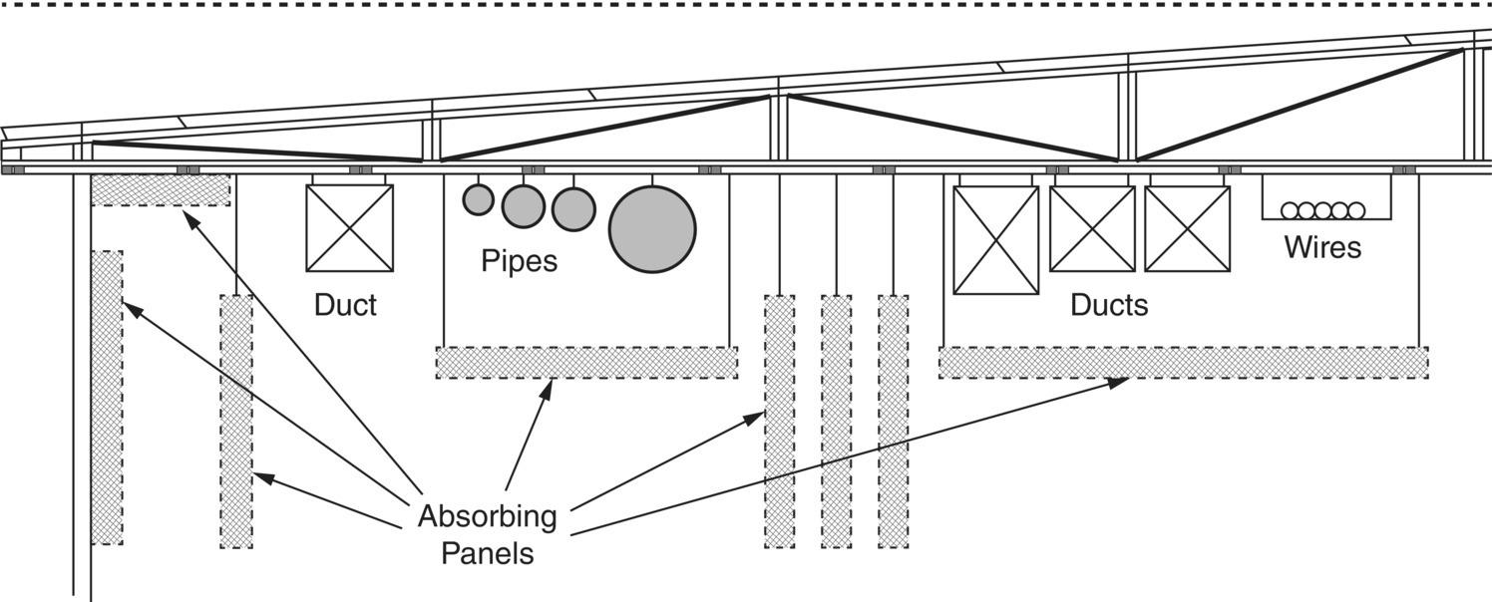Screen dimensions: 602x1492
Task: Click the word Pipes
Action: (x=519, y=262)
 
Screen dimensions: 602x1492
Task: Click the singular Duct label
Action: (x=345, y=304)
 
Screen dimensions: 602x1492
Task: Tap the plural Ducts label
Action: (x=1109, y=305)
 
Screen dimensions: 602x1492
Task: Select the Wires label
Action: (x=1322, y=245)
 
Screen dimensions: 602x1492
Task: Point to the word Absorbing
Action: (x=487, y=517)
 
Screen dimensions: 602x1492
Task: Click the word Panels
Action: (x=487, y=552)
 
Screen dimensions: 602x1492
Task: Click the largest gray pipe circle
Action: (x=652, y=229)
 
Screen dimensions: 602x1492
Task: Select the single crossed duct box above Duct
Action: (x=349, y=228)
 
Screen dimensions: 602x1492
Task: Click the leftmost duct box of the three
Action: (x=996, y=240)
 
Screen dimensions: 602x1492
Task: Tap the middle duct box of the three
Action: (x=1092, y=228)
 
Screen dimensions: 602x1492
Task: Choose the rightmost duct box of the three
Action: (x=1187, y=228)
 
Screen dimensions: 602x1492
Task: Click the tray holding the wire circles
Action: (x=1324, y=199)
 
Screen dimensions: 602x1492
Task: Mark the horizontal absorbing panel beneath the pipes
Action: (x=586, y=362)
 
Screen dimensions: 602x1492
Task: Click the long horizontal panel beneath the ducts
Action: (x=1183, y=362)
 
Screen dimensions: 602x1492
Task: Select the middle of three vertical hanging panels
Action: (x=836, y=421)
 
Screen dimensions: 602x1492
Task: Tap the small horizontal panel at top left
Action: (x=161, y=189)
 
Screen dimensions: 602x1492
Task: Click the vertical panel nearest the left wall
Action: (x=107, y=397)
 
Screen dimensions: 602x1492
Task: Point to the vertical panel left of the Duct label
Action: (x=236, y=421)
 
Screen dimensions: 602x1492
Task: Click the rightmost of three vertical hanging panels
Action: (x=893, y=421)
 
